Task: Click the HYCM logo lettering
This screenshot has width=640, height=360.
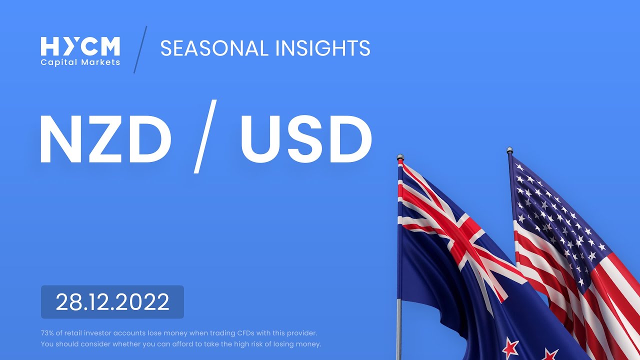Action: click(x=80, y=46)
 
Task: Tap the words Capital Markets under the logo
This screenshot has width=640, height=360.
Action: click(x=80, y=62)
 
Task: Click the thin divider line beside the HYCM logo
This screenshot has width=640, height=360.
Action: click(x=140, y=49)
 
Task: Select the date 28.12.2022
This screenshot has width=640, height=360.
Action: click(x=112, y=302)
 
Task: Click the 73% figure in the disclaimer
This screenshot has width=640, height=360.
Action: click(x=48, y=332)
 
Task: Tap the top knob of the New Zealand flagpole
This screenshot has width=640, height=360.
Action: click(x=400, y=157)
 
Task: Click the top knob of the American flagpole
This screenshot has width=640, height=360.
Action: click(x=509, y=150)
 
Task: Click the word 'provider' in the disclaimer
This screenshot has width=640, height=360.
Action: click(x=303, y=332)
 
